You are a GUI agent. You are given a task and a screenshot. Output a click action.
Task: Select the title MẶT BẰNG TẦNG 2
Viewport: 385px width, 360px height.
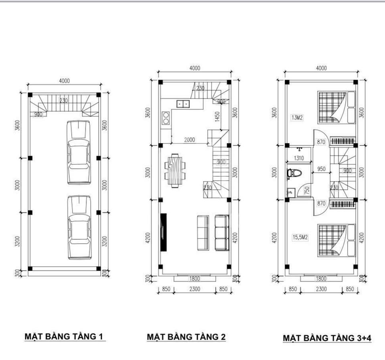click(186, 337)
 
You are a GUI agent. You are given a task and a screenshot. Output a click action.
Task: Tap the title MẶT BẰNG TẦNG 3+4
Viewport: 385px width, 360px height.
click(327, 338)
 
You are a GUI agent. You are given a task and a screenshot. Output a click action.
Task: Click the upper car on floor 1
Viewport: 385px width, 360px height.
click(79, 152)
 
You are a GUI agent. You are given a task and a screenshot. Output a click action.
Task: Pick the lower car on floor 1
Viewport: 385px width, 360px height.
click(79, 227)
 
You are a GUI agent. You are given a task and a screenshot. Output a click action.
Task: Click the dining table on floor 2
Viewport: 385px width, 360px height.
click(175, 170)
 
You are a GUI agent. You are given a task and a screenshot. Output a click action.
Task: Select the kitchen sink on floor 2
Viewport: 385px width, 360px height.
click(183, 104)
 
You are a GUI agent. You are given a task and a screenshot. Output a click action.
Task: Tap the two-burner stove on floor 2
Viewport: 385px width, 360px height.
click(166, 118)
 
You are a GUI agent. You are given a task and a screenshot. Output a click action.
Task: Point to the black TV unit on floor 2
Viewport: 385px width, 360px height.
click(163, 232)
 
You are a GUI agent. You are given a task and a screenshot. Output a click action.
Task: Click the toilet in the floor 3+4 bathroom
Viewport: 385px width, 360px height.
click(294, 173)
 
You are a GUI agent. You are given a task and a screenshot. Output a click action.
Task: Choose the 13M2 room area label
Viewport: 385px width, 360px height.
click(297, 117)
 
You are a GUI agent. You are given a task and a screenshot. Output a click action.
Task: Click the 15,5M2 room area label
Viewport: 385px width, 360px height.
click(300, 237)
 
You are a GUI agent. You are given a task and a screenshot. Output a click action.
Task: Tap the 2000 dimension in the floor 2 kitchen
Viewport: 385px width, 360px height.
click(190, 140)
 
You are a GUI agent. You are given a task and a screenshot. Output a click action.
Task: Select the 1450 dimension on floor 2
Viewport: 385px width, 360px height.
click(217, 117)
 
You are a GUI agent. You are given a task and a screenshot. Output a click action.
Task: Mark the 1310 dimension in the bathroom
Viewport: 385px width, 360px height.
click(299, 158)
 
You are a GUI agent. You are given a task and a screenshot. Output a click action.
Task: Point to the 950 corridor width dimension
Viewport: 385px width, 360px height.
click(321, 169)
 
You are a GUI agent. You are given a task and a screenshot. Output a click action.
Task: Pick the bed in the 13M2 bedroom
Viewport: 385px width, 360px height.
click(336, 107)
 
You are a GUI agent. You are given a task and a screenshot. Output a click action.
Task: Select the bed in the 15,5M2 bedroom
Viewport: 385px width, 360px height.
click(336, 240)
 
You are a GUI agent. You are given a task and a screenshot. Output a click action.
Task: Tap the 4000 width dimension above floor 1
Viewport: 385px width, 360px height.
click(64, 81)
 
